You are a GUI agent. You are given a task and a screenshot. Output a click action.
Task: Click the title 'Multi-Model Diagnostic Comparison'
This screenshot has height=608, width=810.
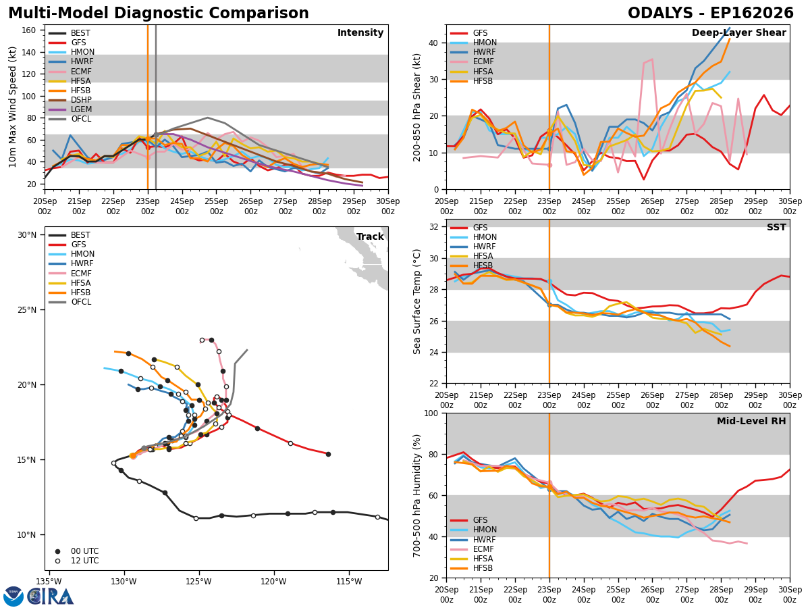tap(159, 13)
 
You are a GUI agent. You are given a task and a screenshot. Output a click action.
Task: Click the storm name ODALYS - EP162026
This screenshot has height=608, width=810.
tap(710, 13)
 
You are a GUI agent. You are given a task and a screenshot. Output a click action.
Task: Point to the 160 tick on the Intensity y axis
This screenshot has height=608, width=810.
tap(29, 30)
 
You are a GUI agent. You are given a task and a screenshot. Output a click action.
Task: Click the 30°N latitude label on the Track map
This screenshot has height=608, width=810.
tap(27, 235)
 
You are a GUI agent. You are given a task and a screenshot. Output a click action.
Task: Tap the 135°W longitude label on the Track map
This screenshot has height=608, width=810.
tap(49, 582)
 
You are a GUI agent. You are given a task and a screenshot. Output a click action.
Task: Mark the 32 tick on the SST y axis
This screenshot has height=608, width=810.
tap(433, 227)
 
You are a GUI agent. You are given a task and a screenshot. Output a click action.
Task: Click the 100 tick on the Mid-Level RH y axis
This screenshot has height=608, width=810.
tap(431, 413)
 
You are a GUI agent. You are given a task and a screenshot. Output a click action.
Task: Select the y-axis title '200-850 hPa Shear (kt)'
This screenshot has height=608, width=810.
tap(416, 107)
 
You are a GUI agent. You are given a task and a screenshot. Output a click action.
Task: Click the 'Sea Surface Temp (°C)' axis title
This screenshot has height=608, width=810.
tap(416, 301)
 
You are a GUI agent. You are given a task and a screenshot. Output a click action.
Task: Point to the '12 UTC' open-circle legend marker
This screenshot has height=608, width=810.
tap(57, 561)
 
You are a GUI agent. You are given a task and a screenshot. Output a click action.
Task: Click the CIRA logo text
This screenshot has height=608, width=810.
tap(50, 597)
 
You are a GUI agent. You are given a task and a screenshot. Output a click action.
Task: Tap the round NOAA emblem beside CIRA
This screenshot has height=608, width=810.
tap(13, 597)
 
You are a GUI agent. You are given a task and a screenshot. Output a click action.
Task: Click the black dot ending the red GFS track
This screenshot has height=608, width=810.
tap(328, 454)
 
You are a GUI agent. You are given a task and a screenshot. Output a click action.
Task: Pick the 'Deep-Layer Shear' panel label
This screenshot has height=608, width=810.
tap(738, 32)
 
